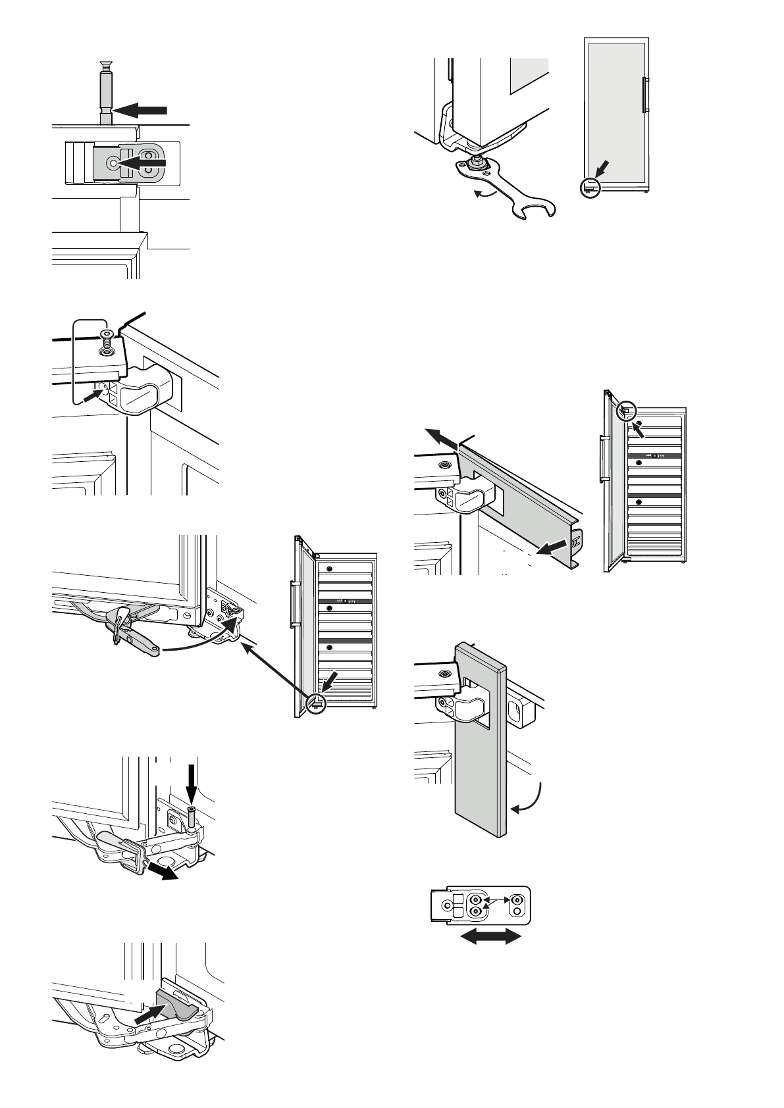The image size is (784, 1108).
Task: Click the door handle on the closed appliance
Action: tap(644, 95)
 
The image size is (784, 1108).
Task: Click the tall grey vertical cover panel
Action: tap(479, 750)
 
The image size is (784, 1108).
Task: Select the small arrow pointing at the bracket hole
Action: tap(91, 397)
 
